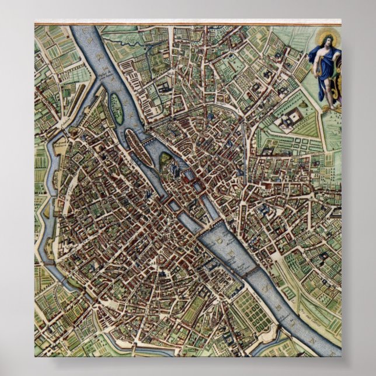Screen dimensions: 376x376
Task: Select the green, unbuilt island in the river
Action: coord(117,109)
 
